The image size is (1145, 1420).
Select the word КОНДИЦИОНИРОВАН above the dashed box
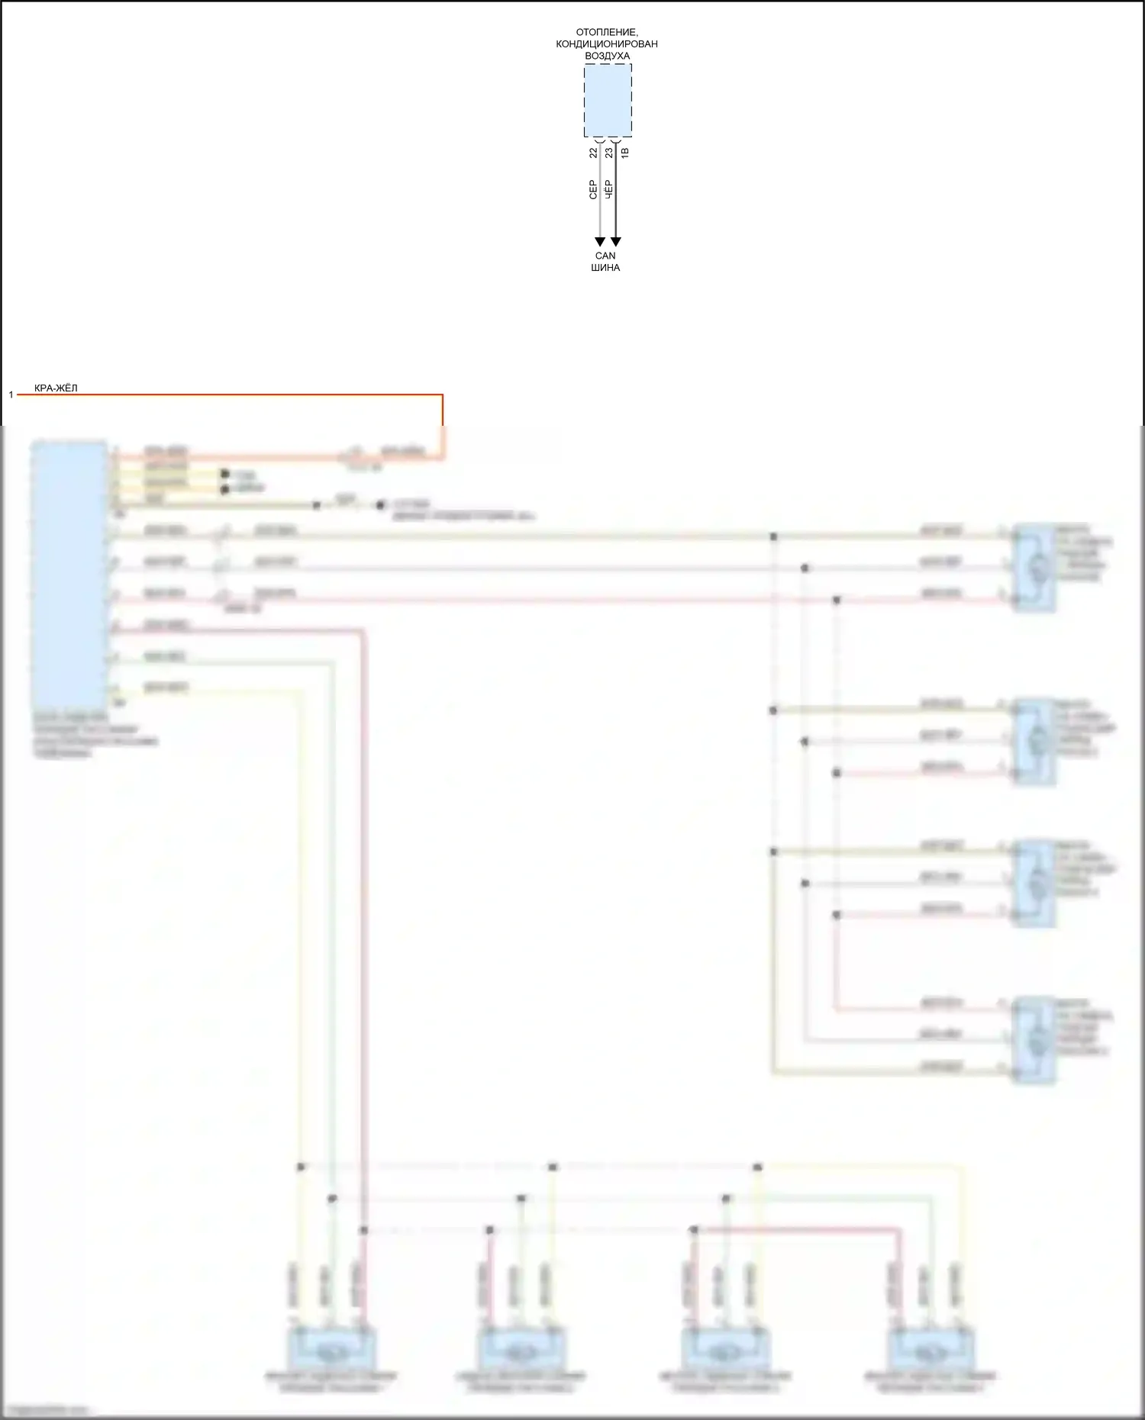pyautogui.click(x=607, y=43)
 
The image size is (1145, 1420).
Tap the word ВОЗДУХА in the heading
pyautogui.click(x=607, y=56)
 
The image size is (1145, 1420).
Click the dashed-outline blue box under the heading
pyautogui.click(x=608, y=100)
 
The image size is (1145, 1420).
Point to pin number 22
pyautogui.click(x=593, y=153)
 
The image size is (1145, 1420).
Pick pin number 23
pyautogui.click(x=608, y=153)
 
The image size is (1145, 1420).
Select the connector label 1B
pyautogui.click(x=624, y=153)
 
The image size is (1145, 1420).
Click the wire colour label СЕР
pyautogui.click(x=592, y=190)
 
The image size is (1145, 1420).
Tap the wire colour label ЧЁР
pyautogui.click(x=608, y=190)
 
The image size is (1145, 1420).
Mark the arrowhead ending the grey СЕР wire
pyautogui.click(x=600, y=242)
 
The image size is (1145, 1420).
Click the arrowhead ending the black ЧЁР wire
pyautogui.click(x=616, y=242)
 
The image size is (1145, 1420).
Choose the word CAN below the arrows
pyautogui.click(x=605, y=256)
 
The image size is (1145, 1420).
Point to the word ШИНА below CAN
pyautogui.click(x=605, y=268)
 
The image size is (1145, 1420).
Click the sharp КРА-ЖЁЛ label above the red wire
pyautogui.click(x=56, y=388)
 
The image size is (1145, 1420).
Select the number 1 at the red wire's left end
pyautogui.click(x=11, y=394)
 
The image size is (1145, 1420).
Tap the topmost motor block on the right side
pyautogui.click(x=1034, y=568)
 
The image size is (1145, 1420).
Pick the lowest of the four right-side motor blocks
pyautogui.click(x=1034, y=1039)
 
